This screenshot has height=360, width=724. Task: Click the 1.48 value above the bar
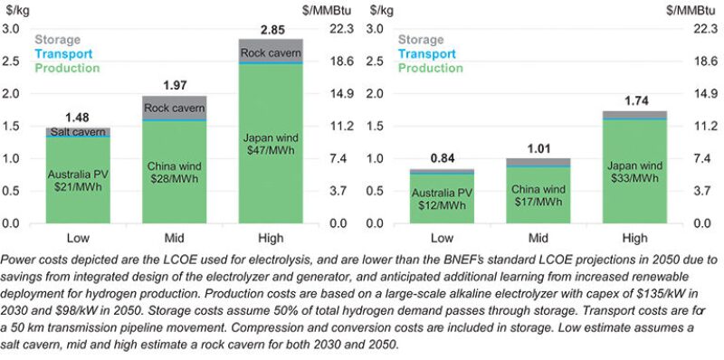78,118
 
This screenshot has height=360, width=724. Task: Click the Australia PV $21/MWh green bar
78,181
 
